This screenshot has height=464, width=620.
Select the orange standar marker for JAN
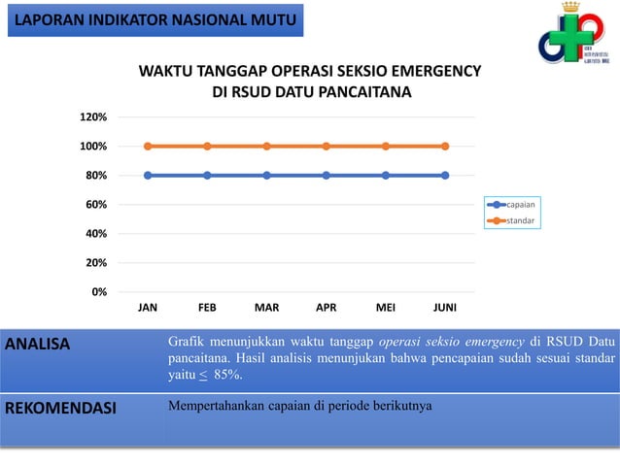click(148, 147)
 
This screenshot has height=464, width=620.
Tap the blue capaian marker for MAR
click(266, 176)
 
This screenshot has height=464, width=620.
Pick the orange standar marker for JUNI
click(445, 147)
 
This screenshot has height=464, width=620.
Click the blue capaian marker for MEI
click(386, 176)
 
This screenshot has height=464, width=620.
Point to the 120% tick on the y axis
click(93, 117)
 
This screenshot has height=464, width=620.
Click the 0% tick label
click(99, 291)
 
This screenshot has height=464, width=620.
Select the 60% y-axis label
click(95, 205)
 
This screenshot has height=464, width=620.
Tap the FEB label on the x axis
click(207, 308)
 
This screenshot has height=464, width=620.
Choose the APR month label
click(327, 308)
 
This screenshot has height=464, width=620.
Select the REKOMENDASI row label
click(60, 408)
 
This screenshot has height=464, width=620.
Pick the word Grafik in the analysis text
click(186, 342)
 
